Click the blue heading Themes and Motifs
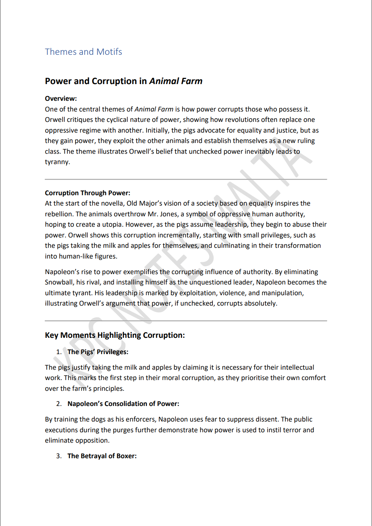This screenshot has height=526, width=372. (x=83, y=52)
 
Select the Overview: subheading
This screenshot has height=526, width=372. (x=61, y=99)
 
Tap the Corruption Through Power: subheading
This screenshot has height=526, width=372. (x=87, y=193)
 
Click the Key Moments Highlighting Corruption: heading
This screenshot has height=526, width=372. (x=115, y=335)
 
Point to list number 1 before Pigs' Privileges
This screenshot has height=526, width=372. (x=58, y=352)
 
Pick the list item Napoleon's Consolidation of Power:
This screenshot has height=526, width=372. (x=123, y=404)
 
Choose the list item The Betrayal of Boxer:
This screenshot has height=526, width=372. (x=102, y=456)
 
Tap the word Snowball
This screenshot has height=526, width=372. (x=59, y=282)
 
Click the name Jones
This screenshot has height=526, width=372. (x=168, y=214)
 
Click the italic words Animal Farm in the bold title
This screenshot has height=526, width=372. (x=176, y=81)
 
